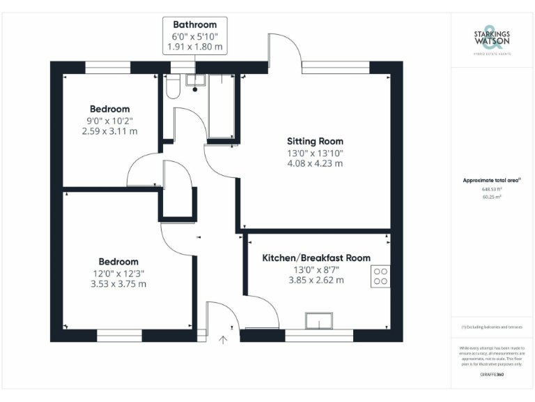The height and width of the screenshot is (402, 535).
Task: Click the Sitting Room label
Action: [x=316, y=141]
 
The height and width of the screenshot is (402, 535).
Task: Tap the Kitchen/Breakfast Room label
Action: [x=316, y=258]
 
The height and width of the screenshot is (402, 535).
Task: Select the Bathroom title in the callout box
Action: [x=195, y=24]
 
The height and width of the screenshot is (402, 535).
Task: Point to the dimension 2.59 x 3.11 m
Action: [x=109, y=131]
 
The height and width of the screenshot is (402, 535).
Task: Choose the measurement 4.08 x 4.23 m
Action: [x=316, y=163]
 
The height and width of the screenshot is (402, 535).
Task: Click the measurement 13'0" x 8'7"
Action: [x=316, y=269]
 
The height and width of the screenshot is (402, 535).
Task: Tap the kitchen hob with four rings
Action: [x=380, y=276]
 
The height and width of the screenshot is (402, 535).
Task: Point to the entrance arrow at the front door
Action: [x=223, y=340]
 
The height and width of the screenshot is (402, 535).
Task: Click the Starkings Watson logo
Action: [x=493, y=38]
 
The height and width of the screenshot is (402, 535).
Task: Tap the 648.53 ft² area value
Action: [x=492, y=188]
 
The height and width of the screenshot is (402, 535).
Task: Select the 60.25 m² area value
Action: [x=492, y=197]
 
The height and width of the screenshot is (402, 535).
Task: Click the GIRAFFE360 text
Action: [x=492, y=375]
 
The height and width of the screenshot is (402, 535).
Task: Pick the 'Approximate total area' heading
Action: [x=492, y=180]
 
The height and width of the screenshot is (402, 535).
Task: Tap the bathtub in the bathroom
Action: [x=222, y=105]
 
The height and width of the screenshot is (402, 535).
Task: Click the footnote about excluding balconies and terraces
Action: [x=492, y=327]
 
